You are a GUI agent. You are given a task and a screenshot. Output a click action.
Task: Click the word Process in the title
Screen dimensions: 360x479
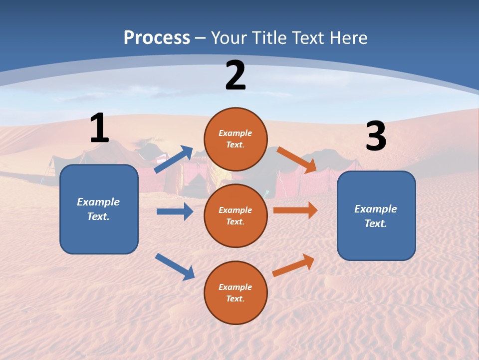[157, 37]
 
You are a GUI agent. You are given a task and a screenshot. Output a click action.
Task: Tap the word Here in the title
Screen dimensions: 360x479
[348, 37]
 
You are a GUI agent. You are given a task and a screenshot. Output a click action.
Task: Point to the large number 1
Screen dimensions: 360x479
[99, 128]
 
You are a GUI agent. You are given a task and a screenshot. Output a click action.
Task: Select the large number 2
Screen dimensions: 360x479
[236, 75]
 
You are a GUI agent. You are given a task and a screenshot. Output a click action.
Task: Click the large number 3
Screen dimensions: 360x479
[376, 136]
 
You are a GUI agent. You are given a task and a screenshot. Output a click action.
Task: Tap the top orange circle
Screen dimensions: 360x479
[236, 139]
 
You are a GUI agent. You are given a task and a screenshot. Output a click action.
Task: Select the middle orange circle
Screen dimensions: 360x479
[236, 215]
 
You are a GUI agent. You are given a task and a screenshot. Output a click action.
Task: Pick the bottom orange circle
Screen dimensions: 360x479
[236, 292]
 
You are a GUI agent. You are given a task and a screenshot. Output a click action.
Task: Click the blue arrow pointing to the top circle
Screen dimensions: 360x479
[174, 159]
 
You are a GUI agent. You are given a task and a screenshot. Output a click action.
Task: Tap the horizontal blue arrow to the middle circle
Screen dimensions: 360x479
[175, 211]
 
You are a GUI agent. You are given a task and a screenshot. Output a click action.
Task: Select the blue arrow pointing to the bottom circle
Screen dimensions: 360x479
[175, 266]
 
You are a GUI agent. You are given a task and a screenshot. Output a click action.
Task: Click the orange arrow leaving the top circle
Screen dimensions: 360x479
[296, 160]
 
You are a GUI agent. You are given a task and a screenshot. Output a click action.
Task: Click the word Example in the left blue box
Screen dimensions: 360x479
[98, 202]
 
